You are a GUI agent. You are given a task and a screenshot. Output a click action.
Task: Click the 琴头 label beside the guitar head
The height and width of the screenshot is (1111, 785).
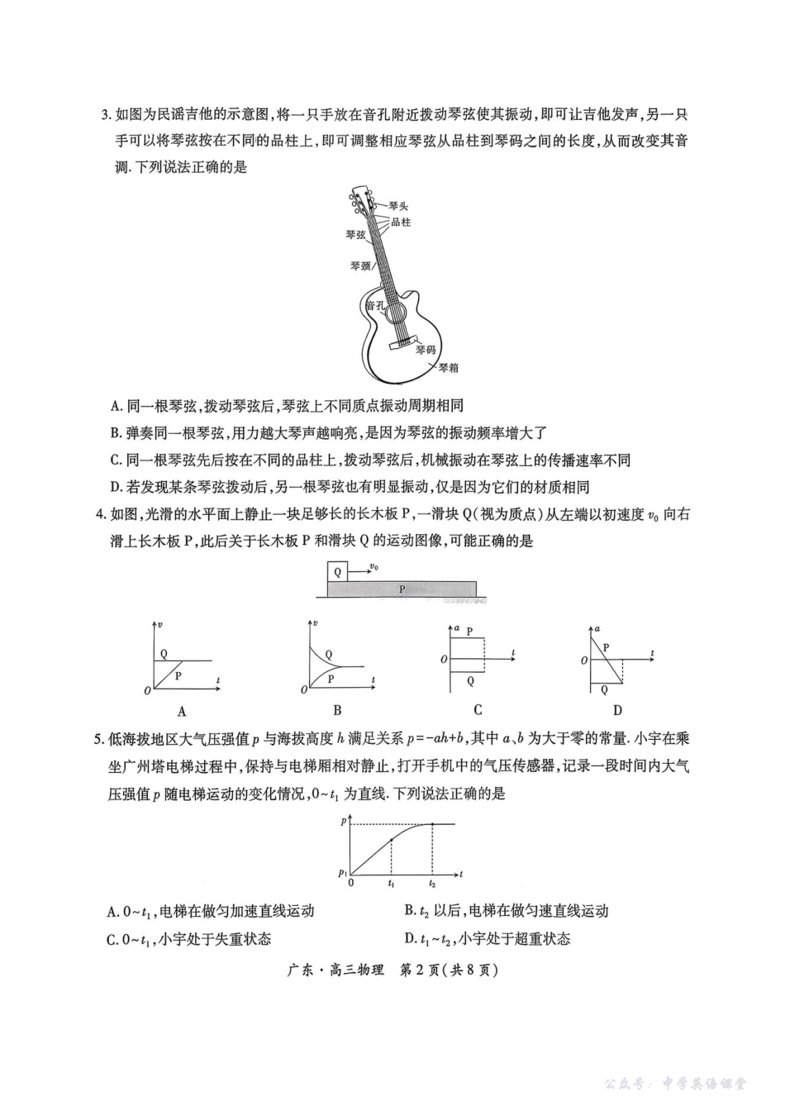click(398, 206)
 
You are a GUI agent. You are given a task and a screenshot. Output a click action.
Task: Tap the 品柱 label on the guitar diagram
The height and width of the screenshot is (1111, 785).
click(401, 222)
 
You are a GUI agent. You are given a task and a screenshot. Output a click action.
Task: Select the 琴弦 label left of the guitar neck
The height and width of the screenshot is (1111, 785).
click(355, 235)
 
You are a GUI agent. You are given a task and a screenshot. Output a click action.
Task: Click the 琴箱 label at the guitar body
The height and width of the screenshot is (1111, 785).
click(448, 368)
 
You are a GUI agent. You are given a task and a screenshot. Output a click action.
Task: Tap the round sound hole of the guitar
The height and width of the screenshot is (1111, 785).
click(394, 310)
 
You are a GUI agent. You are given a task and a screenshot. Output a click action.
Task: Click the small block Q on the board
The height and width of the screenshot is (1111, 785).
click(337, 571)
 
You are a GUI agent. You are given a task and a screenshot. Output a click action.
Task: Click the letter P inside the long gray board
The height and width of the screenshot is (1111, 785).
click(402, 589)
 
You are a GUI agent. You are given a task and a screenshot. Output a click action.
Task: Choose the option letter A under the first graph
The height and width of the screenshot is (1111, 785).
click(182, 711)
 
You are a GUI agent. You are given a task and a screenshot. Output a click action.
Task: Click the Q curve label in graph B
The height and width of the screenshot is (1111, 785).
click(331, 655)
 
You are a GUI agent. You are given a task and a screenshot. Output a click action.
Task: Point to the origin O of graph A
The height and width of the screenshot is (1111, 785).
click(147, 690)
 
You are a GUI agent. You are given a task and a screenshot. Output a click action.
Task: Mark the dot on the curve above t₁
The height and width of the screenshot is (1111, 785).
click(391, 840)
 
